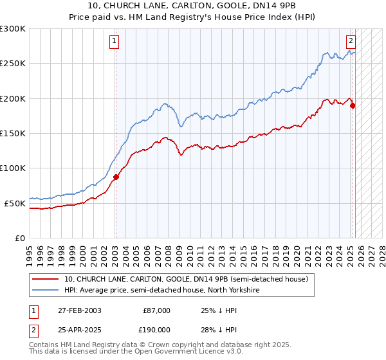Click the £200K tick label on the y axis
pyautogui.click(x=12, y=99)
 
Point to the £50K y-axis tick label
pyautogui.click(x=14, y=203)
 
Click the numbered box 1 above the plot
pyautogui.click(x=114, y=42)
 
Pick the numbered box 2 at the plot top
pyautogui.click(x=351, y=42)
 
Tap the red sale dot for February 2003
pyautogui.click(x=116, y=177)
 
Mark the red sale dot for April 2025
pyautogui.click(x=353, y=106)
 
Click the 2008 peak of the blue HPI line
pyautogui.click(x=165, y=103)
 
